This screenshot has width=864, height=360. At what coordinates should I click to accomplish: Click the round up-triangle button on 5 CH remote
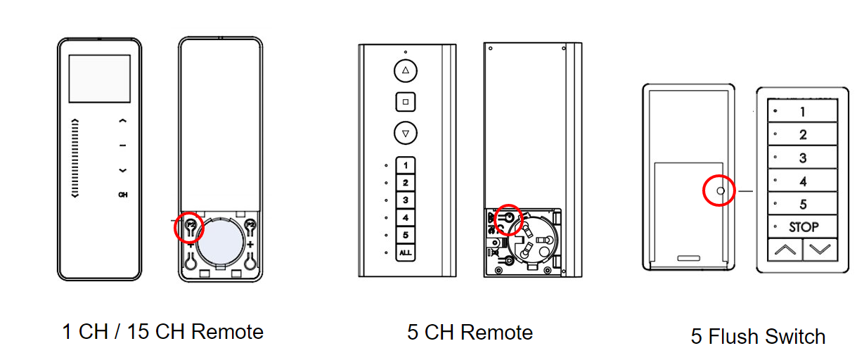406,71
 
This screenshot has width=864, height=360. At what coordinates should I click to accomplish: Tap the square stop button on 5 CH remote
406,102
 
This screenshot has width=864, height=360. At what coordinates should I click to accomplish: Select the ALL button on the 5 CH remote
406,252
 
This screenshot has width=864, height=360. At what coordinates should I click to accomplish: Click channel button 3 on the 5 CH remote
406,200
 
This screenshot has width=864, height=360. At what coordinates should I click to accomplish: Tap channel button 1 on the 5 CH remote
406,166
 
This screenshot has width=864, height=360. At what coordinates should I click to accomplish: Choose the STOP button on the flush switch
803,227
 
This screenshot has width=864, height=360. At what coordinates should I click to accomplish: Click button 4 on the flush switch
803,181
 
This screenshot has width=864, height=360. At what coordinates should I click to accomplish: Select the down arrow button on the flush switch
820,249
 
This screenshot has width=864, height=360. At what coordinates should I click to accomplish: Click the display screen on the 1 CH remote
100,79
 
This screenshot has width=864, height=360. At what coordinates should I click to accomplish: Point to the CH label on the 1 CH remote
123,194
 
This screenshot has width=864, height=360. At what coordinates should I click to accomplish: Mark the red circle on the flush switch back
719,191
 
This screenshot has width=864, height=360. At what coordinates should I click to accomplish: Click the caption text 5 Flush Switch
758,337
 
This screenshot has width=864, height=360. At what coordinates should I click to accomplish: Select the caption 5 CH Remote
470,332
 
